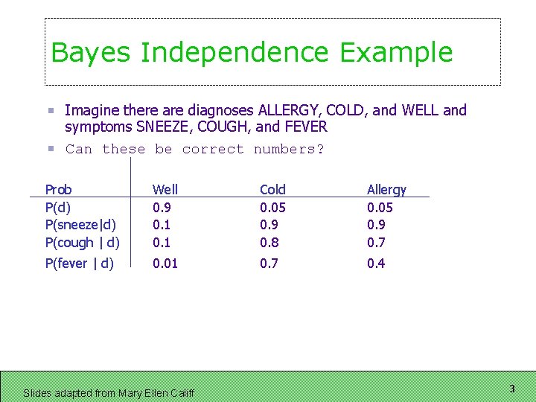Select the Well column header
165,190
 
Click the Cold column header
272,190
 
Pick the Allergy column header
386,191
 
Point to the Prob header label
59,190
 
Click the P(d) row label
58,208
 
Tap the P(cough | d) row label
82,243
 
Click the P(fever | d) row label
79,264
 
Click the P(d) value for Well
162,208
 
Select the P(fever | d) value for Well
165,264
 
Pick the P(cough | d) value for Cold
269,243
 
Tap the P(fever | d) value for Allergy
376,264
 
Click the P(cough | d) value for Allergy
376,243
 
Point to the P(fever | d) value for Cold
269,264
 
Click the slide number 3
512,389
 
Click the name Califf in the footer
181,393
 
